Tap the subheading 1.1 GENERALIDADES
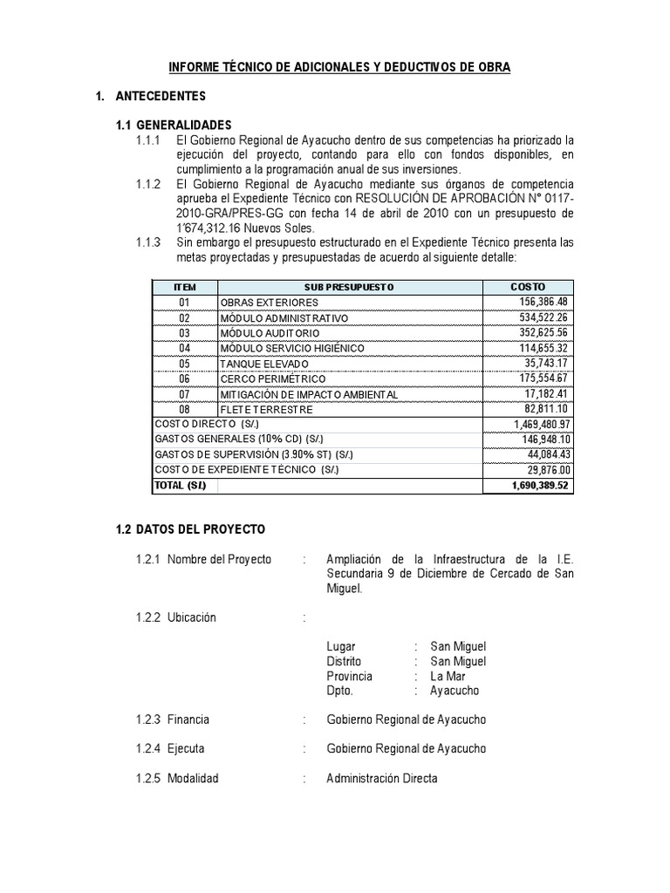click(x=174, y=125)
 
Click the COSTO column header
click(x=528, y=287)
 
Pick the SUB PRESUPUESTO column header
click(x=350, y=287)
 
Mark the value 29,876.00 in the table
click(x=545, y=470)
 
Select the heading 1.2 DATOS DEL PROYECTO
click(x=190, y=529)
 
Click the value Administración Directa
click(x=382, y=778)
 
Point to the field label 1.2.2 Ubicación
click(x=172, y=617)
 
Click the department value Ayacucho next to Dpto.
click(x=455, y=691)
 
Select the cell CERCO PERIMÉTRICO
click(x=273, y=379)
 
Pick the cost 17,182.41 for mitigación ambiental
click(x=544, y=394)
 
